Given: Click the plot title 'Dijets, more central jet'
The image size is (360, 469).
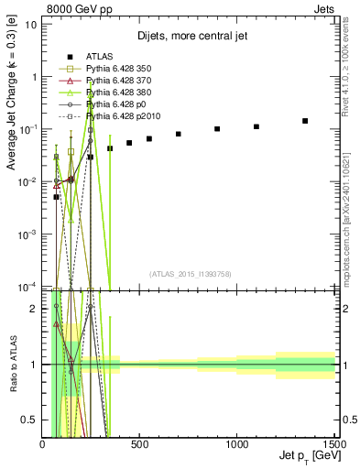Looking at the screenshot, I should (188, 38).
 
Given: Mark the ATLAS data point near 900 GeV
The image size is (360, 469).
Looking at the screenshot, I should (217, 129).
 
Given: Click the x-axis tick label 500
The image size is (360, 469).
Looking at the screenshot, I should (139, 444).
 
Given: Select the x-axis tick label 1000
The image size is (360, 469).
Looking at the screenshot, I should (236, 444).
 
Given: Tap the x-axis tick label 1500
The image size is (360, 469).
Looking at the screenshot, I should (333, 444).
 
